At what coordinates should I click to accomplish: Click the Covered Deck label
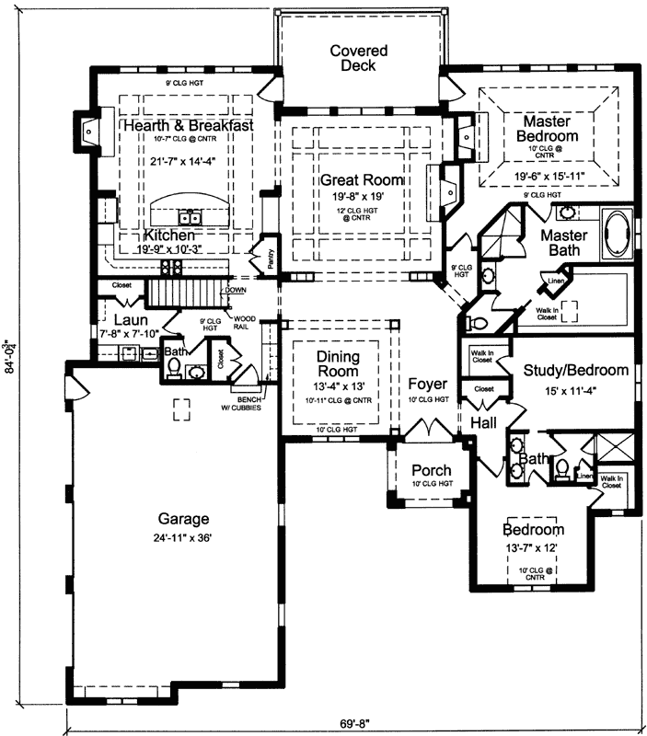pos(359,58)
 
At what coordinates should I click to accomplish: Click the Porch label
pos(431,471)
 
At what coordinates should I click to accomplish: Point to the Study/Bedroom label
pos(576,371)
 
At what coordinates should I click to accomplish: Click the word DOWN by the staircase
pos(235,289)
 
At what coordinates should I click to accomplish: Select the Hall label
pos(484,420)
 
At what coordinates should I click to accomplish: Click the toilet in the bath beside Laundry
pos(172,366)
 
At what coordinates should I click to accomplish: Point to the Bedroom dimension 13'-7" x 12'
pos(533,548)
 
